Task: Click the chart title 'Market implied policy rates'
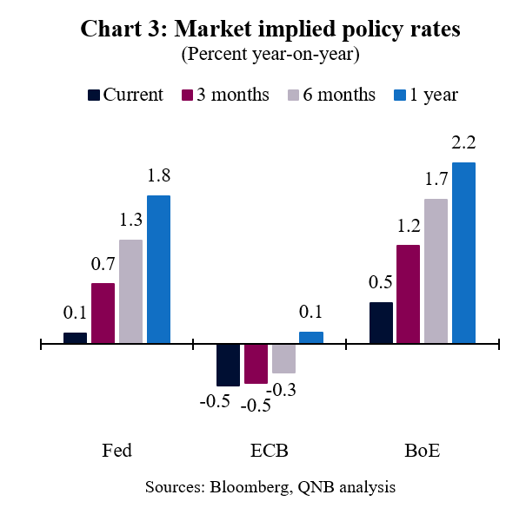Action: [x=270, y=29]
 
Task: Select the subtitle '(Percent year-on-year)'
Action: [x=270, y=54]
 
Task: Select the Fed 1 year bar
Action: [x=158, y=269]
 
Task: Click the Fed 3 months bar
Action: [x=103, y=313]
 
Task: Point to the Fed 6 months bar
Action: [x=130, y=291]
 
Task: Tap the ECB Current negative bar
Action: [x=228, y=365]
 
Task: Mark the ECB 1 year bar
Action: [x=310, y=338]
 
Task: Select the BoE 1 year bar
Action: [x=463, y=252]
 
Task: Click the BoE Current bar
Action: [x=381, y=322]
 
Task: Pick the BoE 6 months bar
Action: [x=436, y=271]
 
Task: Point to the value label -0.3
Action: [x=283, y=390]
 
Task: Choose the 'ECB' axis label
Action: [x=270, y=452]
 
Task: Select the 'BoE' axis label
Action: [x=422, y=452]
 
